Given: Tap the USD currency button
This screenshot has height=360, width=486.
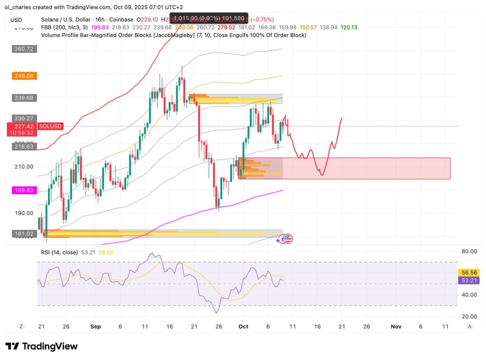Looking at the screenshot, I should pos(17,20).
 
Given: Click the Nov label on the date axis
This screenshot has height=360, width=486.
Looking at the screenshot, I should pos(395,327).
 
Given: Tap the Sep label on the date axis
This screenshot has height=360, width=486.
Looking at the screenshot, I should pos(95,327).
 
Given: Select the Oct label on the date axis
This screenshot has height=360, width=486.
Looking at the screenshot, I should pos(243,327).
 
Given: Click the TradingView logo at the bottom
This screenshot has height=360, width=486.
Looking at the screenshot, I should pos(41,346).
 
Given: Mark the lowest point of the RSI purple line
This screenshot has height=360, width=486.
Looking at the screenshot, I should pos(217,313).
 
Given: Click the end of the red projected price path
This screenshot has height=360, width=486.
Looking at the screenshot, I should pos(342,118).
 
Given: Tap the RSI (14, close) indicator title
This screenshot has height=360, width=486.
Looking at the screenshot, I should pos(59,253).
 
